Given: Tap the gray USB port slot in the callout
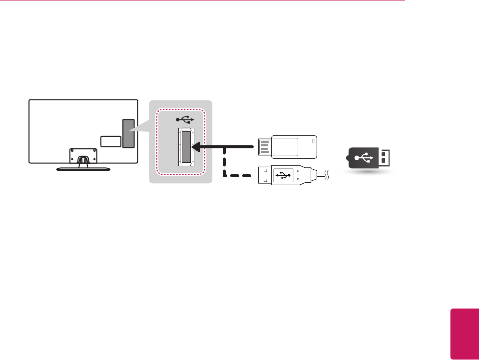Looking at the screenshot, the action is click(186, 147).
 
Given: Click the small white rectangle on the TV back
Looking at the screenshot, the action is click(110, 141).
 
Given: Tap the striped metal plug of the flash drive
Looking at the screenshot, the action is click(264, 147).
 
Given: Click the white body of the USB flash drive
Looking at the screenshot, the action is click(295, 147).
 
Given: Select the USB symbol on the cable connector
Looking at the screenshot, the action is click(283, 175).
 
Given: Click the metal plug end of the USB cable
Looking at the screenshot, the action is click(264, 175).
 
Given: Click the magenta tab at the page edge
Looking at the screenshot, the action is click(465, 334).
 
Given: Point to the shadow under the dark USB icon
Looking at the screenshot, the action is click(370, 170).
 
